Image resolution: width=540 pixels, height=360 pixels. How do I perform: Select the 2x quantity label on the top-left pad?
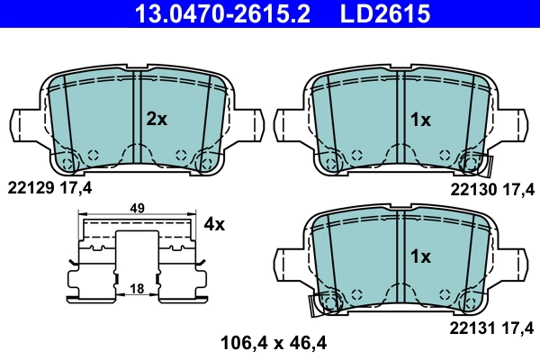coord(157,119)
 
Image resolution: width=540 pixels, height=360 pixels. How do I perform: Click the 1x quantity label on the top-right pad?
coord(420,119)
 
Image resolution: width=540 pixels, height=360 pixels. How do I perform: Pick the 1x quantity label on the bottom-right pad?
coord(420,256)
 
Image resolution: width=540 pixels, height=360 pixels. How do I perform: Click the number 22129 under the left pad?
coord(29,187)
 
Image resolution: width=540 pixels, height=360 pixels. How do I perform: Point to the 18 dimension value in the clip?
coord(137,288)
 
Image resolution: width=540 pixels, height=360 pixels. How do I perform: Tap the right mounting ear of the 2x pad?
coord(252,124)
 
